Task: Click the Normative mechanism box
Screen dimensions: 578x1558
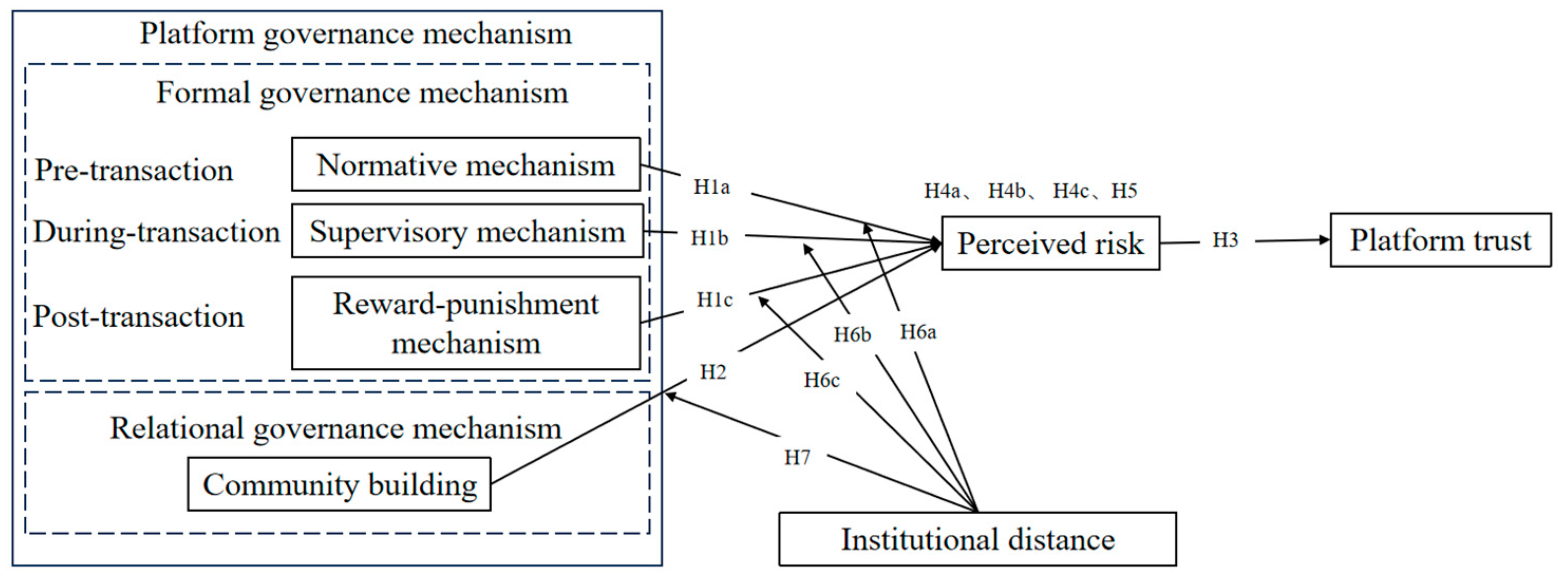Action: coord(466,165)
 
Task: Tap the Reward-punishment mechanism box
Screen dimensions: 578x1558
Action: coord(466,323)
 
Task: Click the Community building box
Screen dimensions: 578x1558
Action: coord(339,484)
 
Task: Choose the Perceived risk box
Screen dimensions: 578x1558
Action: coord(1051,243)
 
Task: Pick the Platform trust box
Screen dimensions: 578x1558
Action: coord(1440,240)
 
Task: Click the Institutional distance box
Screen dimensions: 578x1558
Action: coord(977,539)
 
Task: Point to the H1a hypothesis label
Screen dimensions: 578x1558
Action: coord(711,187)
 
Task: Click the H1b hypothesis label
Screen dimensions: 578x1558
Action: coord(710,238)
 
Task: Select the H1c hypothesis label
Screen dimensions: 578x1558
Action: coord(714,300)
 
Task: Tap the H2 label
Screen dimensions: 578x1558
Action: coord(712,372)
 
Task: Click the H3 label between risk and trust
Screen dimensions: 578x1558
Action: coord(1225,240)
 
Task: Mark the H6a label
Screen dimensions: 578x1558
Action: coord(918,332)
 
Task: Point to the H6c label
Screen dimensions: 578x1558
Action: coord(822,380)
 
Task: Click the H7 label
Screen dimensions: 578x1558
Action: coord(797,458)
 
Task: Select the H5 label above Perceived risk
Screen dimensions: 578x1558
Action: coord(1125,191)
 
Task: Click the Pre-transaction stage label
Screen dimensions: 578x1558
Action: coord(134,170)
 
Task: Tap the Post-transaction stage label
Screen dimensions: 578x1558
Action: coord(138,316)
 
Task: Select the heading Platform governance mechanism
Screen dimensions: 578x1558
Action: coord(356,33)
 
